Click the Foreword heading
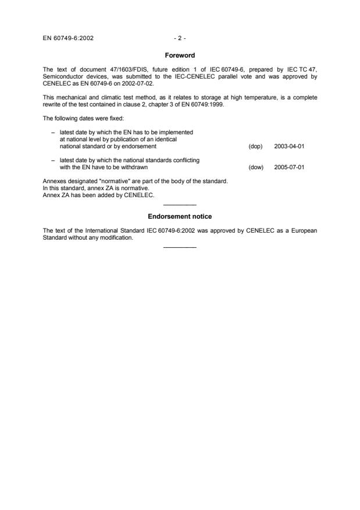pyautogui.click(x=180, y=55)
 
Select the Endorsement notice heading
pyautogui.click(x=180, y=217)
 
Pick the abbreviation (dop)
pyautogui.click(x=256, y=147)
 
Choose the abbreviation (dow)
pyautogui.click(x=256, y=167)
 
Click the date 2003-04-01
pyautogui.click(x=289, y=147)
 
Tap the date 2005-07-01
pyautogui.click(x=289, y=167)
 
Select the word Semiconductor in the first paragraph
pyautogui.click(x=60, y=76)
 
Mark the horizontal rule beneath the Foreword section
pyautogui.click(x=180, y=205)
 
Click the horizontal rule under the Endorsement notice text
pyautogui.click(x=180, y=248)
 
